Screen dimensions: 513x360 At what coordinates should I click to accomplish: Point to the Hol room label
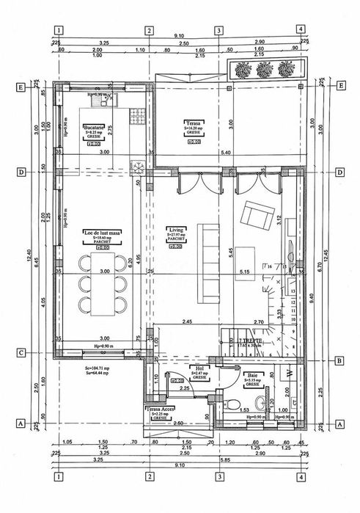coord(198,368)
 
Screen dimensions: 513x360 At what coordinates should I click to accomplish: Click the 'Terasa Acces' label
coord(160,409)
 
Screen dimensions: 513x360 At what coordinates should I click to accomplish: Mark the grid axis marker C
coord(22,352)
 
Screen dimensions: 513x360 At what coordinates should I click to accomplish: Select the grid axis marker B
coord(339,360)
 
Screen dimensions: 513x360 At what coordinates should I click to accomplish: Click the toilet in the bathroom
coord(230,402)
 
